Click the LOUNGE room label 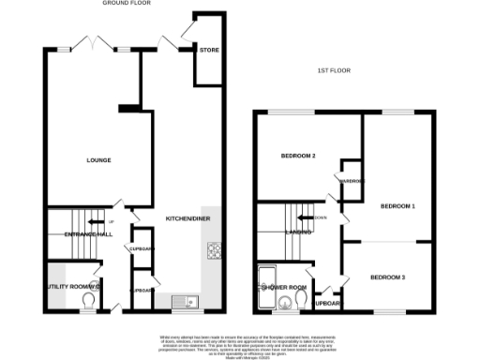point(98,160)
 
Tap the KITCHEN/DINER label point(187,217)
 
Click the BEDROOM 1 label point(397,204)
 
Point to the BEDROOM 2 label point(298,155)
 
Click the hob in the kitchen point(213,250)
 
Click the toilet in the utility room point(89,300)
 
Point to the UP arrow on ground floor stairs point(112,208)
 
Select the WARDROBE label point(352,180)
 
